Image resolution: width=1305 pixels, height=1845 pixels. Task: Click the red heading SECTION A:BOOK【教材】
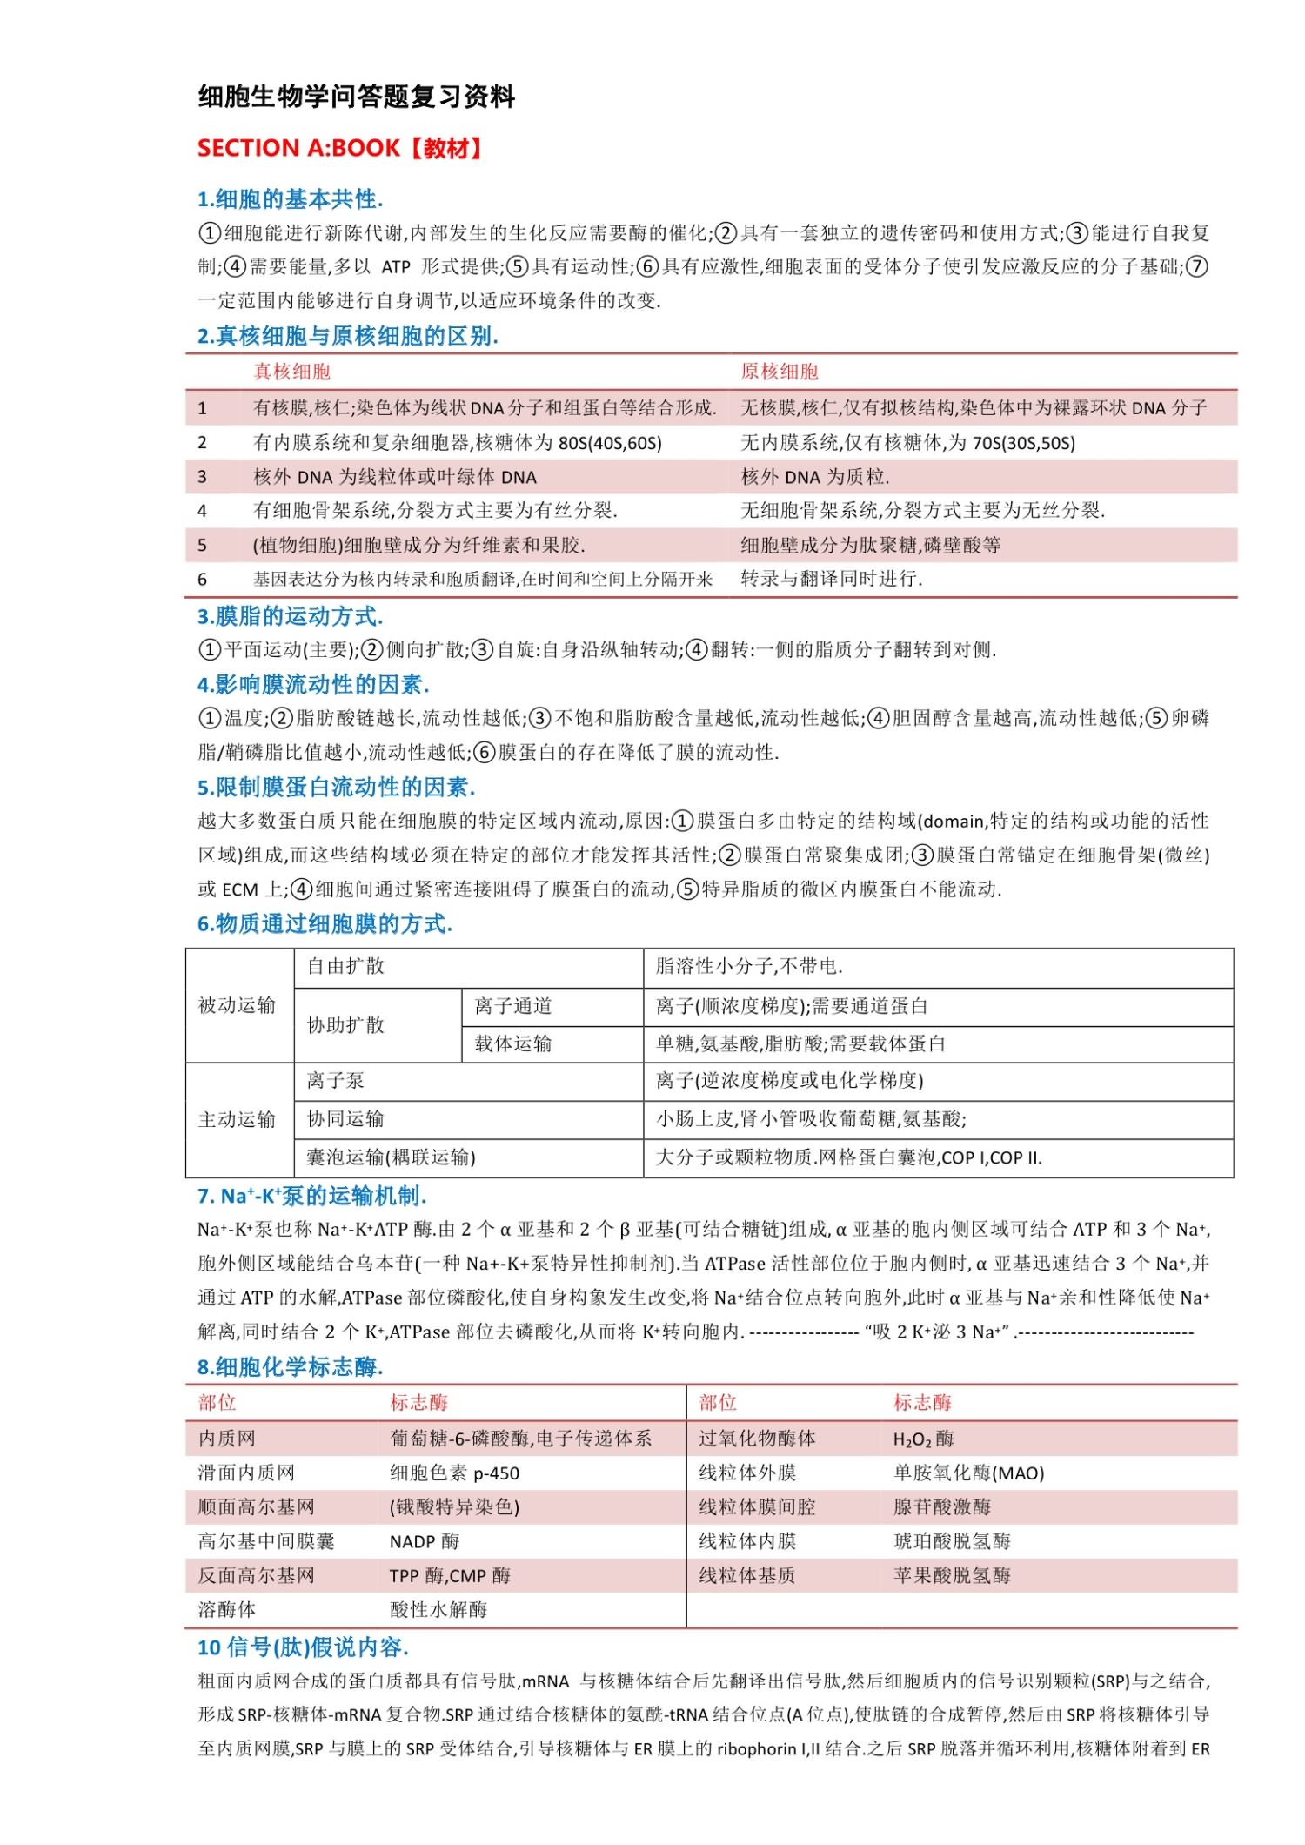pyautogui.click(x=339, y=148)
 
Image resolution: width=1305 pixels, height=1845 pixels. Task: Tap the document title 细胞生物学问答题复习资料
pyautogui.click(x=357, y=97)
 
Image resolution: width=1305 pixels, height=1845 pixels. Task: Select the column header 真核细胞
pyautogui.click(x=291, y=372)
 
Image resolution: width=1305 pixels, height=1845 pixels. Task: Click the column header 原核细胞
pyautogui.click(x=780, y=372)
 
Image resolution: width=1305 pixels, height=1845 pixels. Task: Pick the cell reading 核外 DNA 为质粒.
pyautogui.click(x=815, y=477)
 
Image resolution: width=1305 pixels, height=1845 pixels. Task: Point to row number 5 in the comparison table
pyautogui.click(x=202, y=546)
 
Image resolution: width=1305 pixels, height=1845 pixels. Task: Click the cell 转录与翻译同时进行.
pyautogui.click(x=832, y=580)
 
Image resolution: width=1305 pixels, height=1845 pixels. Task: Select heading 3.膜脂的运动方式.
pyautogui.click(x=290, y=616)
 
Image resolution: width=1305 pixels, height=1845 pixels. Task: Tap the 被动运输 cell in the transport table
pyautogui.click(x=237, y=1006)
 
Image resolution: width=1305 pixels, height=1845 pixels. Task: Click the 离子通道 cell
pyautogui.click(x=513, y=1007)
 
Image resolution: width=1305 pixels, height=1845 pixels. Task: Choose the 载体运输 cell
pyautogui.click(x=513, y=1044)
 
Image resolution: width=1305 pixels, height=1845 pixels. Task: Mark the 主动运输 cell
pyautogui.click(x=237, y=1120)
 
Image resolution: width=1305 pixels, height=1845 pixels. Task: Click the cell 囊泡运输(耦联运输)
pyautogui.click(x=391, y=1157)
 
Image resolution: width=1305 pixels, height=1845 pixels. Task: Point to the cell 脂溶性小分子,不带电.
pyautogui.click(x=749, y=967)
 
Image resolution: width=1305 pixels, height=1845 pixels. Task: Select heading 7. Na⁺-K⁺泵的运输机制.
pyautogui.click(x=311, y=1197)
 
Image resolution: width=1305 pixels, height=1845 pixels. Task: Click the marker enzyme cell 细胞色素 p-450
pyautogui.click(x=454, y=1473)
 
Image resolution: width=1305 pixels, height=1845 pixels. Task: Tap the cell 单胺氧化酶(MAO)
pyautogui.click(x=968, y=1473)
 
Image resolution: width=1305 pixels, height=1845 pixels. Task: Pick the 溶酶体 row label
pyautogui.click(x=227, y=1610)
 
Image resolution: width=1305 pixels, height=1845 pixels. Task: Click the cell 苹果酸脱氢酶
pyautogui.click(x=952, y=1576)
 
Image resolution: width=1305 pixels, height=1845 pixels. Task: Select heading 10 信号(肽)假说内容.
pyautogui.click(x=303, y=1647)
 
